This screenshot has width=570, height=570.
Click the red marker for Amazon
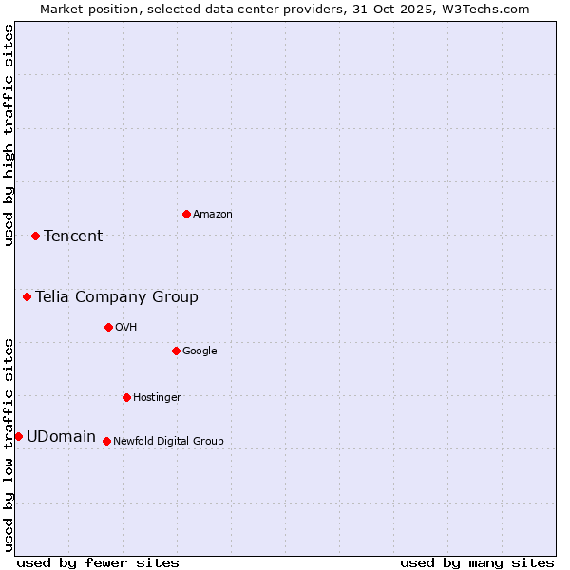point(186,214)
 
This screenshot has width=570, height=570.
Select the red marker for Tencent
point(35,236)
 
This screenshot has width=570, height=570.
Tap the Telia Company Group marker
point(27,296)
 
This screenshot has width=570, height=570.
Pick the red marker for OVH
point(108,327)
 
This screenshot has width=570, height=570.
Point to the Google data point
point(176,351)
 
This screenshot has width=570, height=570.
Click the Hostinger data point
point(126,397)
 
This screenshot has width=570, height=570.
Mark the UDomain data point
point(18,436)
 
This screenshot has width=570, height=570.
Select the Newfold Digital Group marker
point(106,441)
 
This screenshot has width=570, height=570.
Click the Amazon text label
point(213,215)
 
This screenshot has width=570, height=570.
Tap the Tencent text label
point(73,237)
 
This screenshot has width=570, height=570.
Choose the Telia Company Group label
point(117,297)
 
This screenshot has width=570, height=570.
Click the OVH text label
point(126,328)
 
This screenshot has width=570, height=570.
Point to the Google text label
point(199,351)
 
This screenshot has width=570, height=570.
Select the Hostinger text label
point(157,398)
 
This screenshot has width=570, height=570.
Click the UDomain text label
point(61,437)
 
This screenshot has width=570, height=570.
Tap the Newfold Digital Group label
point(168,442)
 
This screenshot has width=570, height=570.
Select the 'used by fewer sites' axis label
point(98,562)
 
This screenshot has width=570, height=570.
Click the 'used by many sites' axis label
point(477,562)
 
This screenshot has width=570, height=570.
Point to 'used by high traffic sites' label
point(9,135)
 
